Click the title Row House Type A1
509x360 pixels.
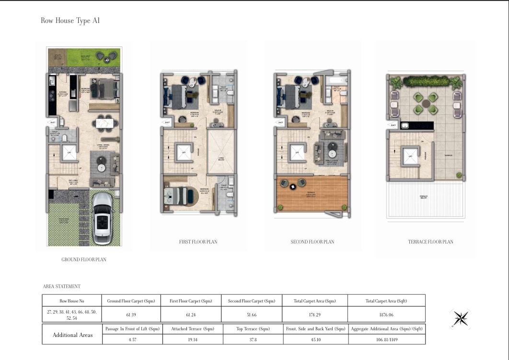[x=70, y=21]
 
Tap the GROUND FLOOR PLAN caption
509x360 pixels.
[x=84, y=259]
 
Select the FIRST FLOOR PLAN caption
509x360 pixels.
[x=198, y=242]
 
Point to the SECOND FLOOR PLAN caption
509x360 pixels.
[x=312, y=242]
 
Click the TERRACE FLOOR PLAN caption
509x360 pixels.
[x=427, y=242]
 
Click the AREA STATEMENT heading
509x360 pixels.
[x=62, y=286]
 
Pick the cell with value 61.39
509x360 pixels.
[x=130, y=314]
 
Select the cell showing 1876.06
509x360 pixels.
[x=386, y=314]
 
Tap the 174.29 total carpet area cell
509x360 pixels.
[x=315, y=314]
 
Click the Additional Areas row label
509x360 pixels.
[x=72, y=335]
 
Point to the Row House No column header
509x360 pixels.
[x=72, y=301]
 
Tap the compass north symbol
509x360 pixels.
[x=461, y=318]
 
